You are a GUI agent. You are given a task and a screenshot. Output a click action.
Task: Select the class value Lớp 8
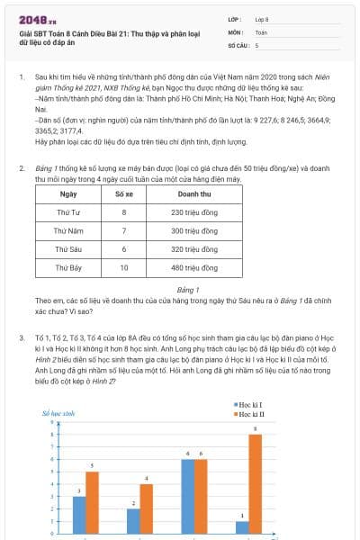tap(262, 19)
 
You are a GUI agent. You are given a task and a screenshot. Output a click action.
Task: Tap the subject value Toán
tap(261, 31)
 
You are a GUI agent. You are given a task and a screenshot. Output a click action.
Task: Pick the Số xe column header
tap(124, 193)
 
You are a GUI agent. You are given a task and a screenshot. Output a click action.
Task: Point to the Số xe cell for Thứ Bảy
tap(124, 267)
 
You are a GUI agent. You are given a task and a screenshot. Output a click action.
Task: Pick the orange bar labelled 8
tap(255, 484)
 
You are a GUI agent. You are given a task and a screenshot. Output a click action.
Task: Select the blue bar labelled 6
tap(187, 497)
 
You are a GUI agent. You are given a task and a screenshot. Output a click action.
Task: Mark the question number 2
tap(22, 168)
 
